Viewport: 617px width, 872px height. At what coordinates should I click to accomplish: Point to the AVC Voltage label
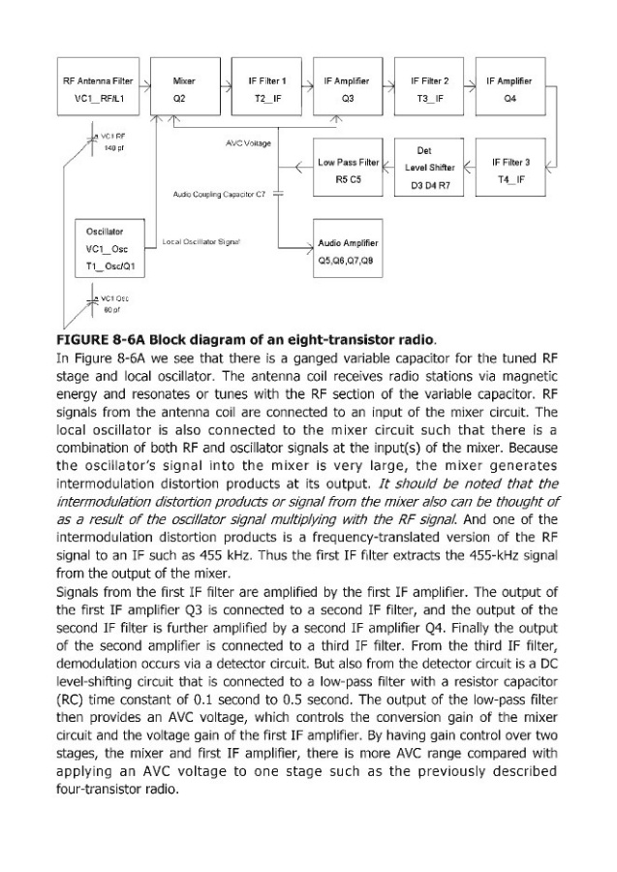pos(248,143)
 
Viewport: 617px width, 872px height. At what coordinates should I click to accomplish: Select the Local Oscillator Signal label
pos(202,239)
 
